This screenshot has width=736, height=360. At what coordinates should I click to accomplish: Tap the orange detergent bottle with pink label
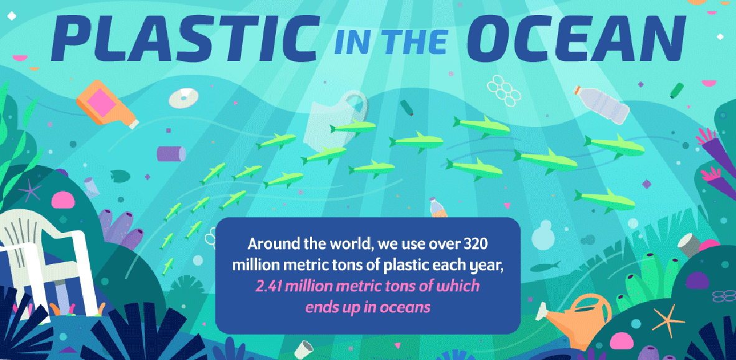(x=106, y=104)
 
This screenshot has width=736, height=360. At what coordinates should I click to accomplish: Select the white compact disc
(x=184, y=98)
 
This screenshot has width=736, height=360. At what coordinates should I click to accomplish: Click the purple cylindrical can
(x=171, y=153)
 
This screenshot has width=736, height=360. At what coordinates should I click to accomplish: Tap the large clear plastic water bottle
(x=602, y=105)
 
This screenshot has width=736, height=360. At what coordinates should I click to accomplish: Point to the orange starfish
(x=669, y=321)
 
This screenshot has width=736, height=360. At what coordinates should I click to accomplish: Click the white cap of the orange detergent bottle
(x=134, y=124)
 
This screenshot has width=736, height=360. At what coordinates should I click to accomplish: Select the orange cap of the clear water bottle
(x=577, y=88)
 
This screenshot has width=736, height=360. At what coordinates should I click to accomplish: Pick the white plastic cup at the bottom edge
(x=303, y=349)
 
